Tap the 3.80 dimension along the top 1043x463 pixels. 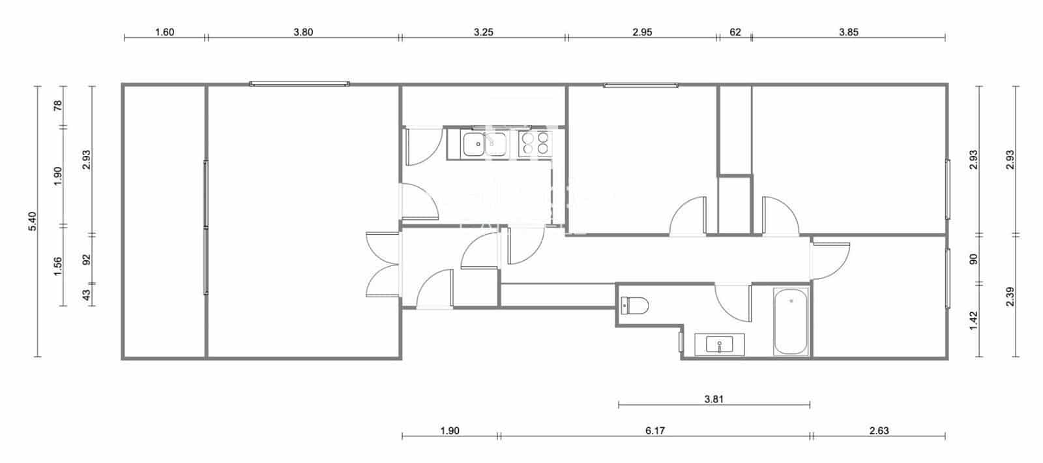pyautogui.click(x=303, y=32)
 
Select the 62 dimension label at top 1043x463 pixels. pyautogui.click(x=735, y=32)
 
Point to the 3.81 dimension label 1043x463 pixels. pyautogui.click(x=714, y=399)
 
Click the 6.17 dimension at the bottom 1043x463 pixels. pyautogui.click(x=655, y=430)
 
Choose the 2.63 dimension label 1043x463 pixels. pyautogui.click(x=879, y=430)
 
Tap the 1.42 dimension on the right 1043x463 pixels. pyautogui.click(x=974, y=320)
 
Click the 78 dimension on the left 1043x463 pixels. pyautogui.click(x=57, y=106)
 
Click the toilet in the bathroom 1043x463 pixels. pyautogui.click(x=635, y=305)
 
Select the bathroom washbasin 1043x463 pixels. pyautogui.click(x=718, y=344)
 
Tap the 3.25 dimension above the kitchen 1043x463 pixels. pyautogui.click(x=483, y=32)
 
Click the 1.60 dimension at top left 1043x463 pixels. pyautogui.click(x=164, y=32)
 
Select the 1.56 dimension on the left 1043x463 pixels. pyautogui.click(x=57, y=266)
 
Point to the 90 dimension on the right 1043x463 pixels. pyautogui.click(x=974, y=259)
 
